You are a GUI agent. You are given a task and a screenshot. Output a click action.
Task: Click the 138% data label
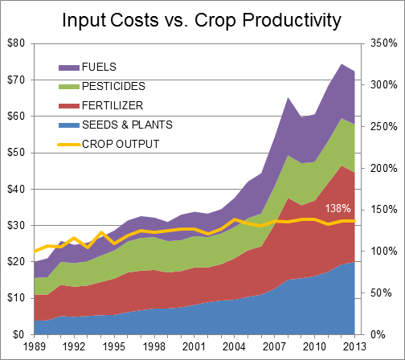coord(338,208)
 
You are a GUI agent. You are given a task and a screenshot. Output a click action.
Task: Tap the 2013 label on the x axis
coord(354,346)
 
